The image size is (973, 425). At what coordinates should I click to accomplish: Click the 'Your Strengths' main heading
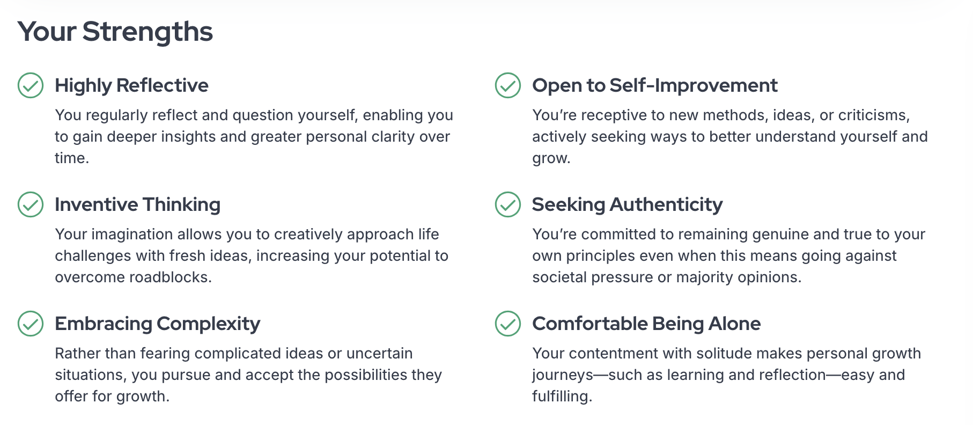tap(115, 32)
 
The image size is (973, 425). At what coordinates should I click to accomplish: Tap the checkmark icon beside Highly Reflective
tap(31, 85)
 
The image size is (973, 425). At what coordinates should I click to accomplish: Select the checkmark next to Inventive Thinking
tap(31, 204)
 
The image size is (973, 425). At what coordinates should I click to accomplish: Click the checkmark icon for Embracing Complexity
tap(31, 324)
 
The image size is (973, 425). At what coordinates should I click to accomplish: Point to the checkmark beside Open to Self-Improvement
tap(508, 85)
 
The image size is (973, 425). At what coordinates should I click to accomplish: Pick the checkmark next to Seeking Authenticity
tap(508, 204)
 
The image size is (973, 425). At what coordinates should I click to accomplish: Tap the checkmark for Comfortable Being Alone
tap(508, 324)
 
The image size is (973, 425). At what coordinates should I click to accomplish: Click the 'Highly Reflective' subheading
tap(131, 86)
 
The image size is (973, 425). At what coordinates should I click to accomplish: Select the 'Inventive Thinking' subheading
tap(137, 205)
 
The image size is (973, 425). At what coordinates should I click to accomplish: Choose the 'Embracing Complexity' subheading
tap(157, 324)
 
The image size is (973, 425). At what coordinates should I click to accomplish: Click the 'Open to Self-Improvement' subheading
tap(654, 85)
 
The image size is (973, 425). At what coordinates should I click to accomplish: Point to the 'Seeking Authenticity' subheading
tap(627, 205)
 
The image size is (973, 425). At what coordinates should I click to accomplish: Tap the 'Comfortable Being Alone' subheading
tap(646, 324)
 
